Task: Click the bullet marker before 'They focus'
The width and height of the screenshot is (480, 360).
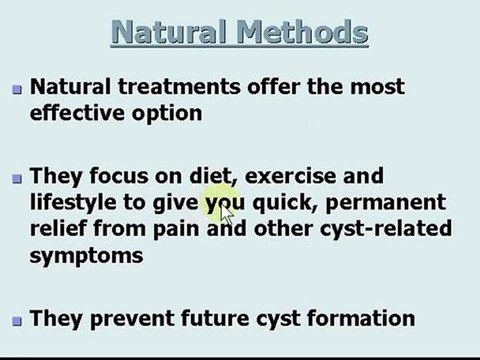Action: [x=16, y=180]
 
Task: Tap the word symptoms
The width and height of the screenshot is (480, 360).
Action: [x=86, y=256]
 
